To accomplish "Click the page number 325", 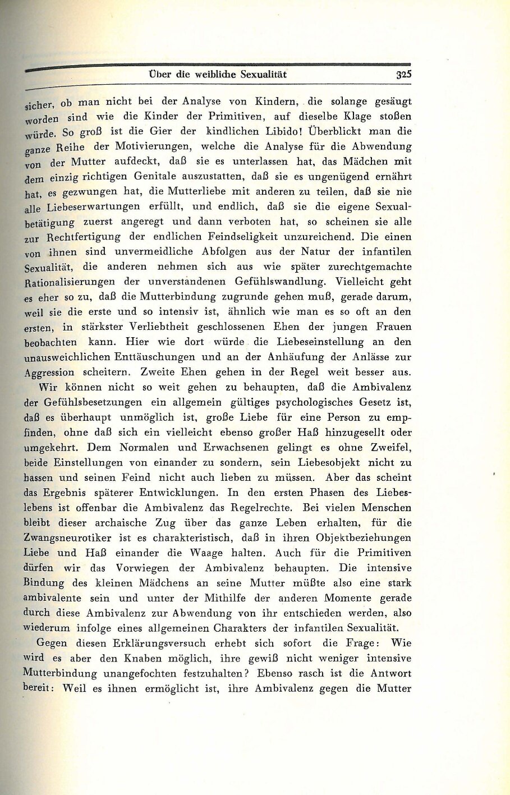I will pos(403,74).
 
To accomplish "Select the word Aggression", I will pos(49,373).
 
